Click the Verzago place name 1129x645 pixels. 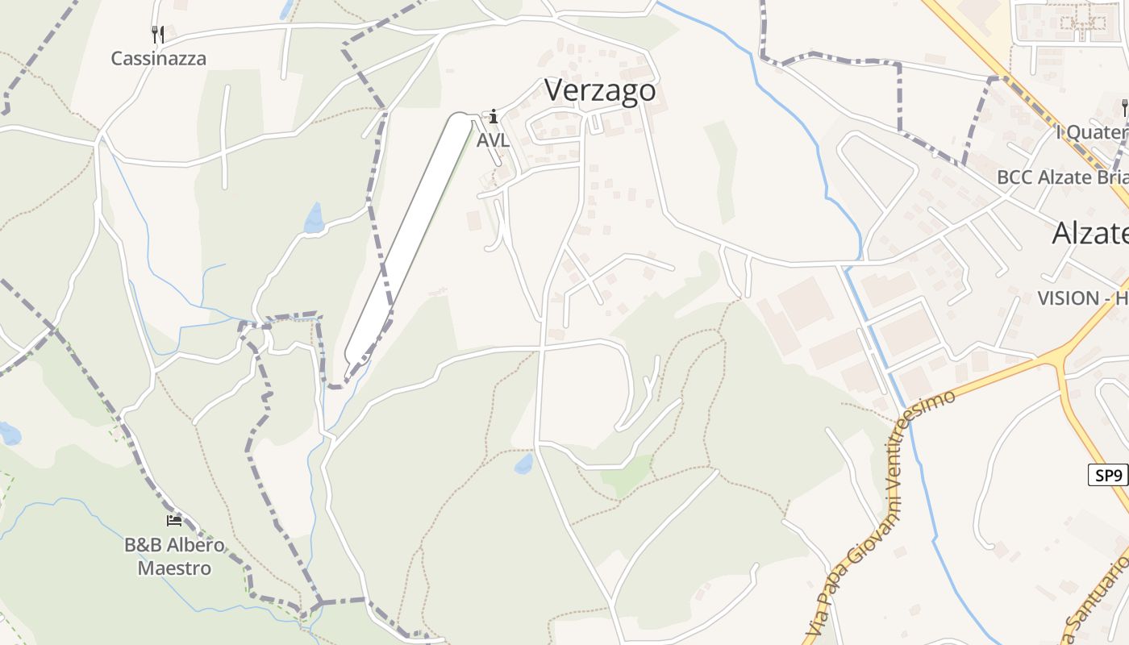tap(600, 90)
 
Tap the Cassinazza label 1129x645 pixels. tap(158, 59)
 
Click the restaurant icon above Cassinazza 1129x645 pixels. tap(158, 34)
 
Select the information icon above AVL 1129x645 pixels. tap(494, 118)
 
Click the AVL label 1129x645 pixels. tap(493, 140)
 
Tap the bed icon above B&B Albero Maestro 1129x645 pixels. tap(173, 521)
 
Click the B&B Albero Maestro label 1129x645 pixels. tap(174, 556)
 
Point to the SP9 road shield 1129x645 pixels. tap(1109, 476)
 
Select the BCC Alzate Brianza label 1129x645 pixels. tap(1062, 177)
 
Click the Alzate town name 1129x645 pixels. tap(1089, 234)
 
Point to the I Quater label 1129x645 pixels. tap(1092, 132)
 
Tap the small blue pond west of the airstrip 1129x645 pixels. tap(314, 218)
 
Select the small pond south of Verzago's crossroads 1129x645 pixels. tap(524, 464)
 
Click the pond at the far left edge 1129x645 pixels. tap(9, 434)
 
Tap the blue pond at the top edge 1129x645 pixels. tap(285, 10)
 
